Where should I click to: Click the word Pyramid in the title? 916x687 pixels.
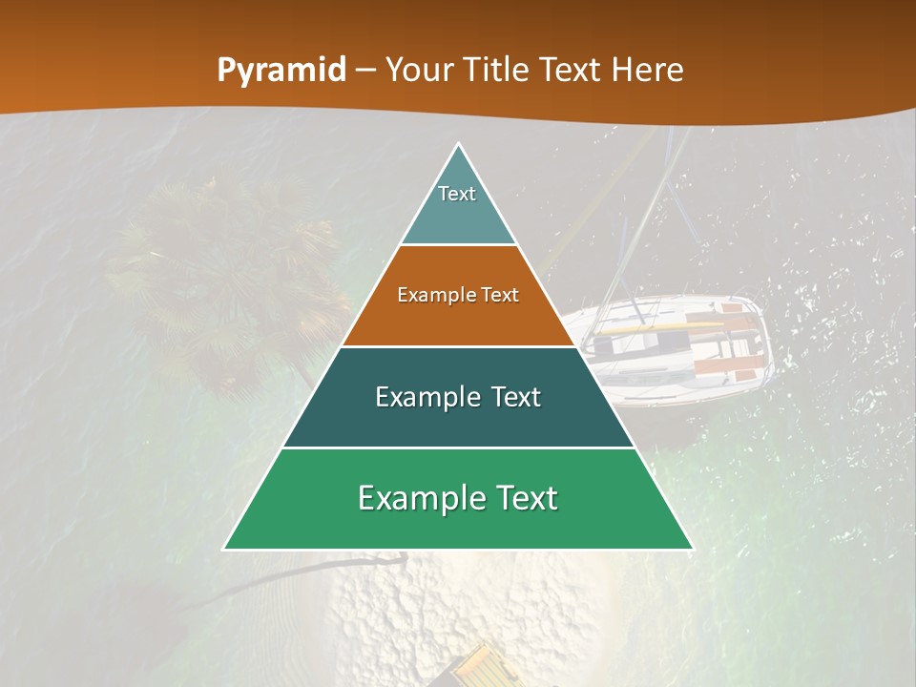point(281,70)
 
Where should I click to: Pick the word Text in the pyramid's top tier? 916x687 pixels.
point(457,194)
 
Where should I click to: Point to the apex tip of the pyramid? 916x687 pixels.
point(459,145)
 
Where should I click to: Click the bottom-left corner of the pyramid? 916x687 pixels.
point(225,549)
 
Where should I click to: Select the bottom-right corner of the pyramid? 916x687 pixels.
point(692,549)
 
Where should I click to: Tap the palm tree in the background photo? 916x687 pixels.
point(229,277)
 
